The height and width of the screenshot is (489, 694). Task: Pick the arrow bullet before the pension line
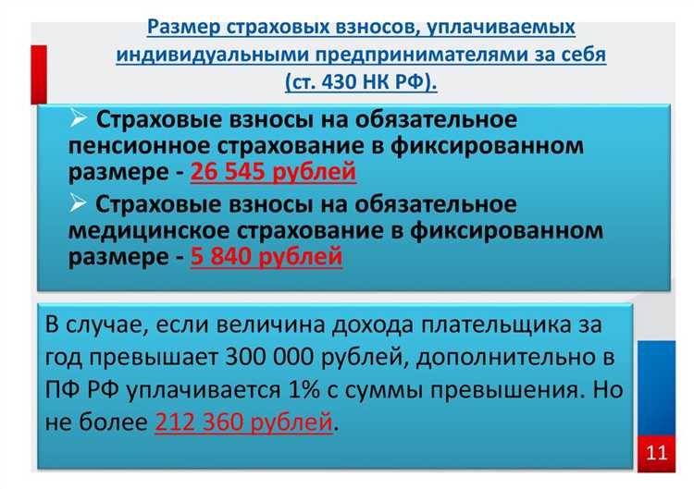[x=80, y=118]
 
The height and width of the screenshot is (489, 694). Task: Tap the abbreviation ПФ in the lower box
[x=63, y=389]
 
